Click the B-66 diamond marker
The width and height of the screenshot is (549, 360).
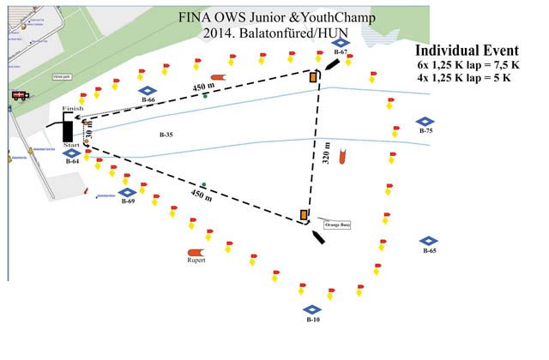click(x=148, y=90)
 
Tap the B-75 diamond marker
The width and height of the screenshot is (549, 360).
click(x=424, y=122)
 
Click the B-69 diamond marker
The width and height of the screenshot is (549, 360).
click(x=127, y=192)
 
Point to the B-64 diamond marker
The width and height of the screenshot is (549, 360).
click(x=72, y=152)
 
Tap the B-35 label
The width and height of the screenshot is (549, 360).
click(x=166, y=135)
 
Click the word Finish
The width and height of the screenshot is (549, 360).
click(x=73, y=109)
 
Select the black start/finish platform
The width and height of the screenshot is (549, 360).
click(x=68, y=129)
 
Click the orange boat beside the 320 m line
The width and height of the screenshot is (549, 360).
click(x=342, y=158)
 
